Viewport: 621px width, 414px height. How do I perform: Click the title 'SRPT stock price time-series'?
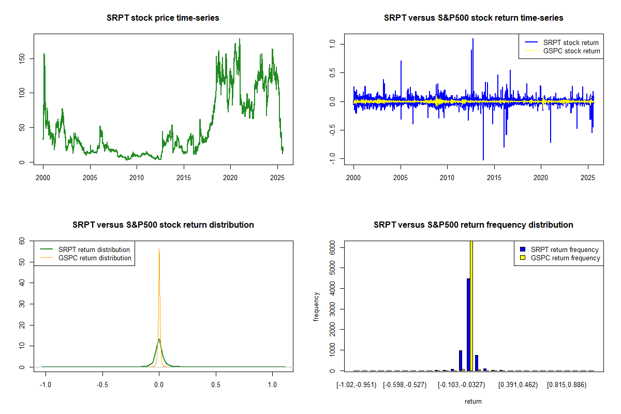click(163, 18)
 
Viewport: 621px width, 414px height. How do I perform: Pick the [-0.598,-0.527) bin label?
click(404, 385)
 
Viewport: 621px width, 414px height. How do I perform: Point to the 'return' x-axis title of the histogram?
click(473, 401)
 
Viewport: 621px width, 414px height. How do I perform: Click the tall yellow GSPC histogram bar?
click(471, 305)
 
